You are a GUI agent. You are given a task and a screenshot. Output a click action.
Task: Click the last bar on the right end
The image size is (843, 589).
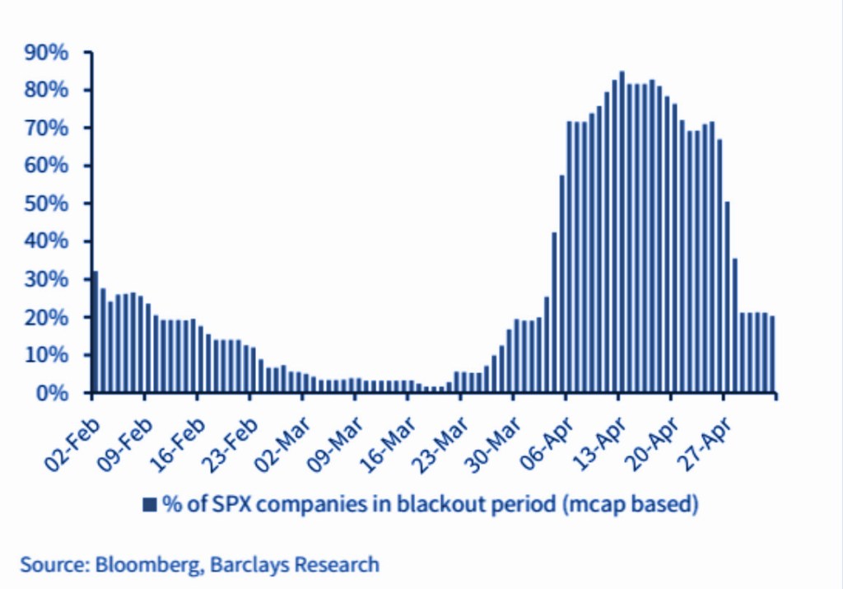(772, 354)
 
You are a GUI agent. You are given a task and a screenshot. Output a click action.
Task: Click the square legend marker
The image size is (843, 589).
(149, 505)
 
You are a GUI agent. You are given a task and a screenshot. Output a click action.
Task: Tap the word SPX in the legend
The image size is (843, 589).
(215, 504)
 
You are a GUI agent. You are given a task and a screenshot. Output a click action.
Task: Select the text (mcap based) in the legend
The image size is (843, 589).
(630, 505)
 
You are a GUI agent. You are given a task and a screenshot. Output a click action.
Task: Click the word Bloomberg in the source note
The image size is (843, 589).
(147, 565)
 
